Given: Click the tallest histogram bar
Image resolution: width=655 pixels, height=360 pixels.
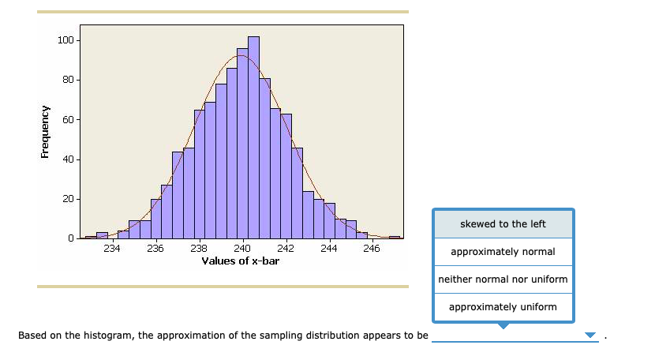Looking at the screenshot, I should coord(253,137).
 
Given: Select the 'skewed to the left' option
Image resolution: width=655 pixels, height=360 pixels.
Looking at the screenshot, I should coord(503,224).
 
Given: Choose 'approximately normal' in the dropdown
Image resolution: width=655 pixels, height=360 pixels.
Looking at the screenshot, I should coord(503,252).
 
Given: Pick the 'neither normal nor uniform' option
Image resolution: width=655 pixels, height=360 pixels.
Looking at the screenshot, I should coord(503,279).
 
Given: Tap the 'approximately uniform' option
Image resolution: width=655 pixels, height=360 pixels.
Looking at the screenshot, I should coord(503,307).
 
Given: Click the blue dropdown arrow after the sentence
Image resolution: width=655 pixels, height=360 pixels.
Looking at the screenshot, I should coord(589,336).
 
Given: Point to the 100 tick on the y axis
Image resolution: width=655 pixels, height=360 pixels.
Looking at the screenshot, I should coord(65,40).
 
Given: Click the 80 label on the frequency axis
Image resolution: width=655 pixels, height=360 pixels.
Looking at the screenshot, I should coord(68,80).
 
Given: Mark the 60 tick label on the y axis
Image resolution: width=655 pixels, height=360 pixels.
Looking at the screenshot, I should coord(68,120).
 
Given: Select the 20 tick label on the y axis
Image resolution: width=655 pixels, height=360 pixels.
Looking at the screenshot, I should coord(68,199).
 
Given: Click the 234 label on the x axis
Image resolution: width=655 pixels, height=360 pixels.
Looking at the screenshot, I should coord(112,249).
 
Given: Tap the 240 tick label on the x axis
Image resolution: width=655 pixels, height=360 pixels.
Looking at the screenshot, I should coord(242,249).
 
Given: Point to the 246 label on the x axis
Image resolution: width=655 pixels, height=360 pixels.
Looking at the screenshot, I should coord(372,249).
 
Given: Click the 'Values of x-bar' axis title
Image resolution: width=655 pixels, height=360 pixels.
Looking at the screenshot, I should coord(240,261).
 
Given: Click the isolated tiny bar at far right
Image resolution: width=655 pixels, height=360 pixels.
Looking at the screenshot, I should coord(395,237).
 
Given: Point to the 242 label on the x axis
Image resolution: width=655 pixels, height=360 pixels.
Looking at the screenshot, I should coord(286,249).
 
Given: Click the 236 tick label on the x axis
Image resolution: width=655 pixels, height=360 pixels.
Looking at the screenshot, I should coord(155,249).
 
